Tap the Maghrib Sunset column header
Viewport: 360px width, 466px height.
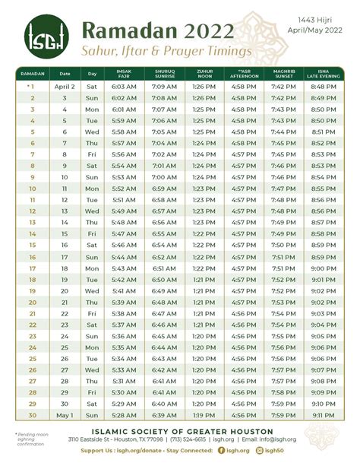[280, 74]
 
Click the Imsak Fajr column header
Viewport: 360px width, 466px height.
[124, 74]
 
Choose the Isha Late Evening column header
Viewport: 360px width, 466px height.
[323, 74]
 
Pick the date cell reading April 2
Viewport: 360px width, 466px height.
[65, 87]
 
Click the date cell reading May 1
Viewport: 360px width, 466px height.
[65, 416]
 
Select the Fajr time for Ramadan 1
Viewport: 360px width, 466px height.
[124, 87]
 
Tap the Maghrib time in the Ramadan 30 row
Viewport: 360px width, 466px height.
[280, 416]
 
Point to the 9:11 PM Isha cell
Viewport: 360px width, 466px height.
[323, 416]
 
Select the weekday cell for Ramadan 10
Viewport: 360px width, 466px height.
[93, 189]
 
